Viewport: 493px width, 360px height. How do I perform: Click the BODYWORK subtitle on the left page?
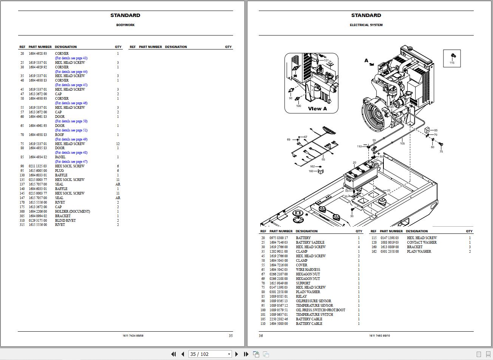(125, 25)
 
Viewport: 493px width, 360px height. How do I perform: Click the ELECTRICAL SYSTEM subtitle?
(366, 25)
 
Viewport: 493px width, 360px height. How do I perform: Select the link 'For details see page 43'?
(71, 58)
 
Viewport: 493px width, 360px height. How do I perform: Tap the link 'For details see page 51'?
(71, 130)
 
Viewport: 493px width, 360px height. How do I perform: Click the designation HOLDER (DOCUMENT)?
(73, 212)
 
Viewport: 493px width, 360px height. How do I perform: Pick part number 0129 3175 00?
(38, 221)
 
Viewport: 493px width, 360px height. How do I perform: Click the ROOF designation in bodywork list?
(59, 135)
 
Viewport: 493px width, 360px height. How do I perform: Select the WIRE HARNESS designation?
(308, 270)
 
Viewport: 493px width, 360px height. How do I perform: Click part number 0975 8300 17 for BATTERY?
(278, 238)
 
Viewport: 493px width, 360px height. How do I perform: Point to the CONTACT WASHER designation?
(422, 243)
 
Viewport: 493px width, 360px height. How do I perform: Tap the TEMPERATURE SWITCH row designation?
(314, 315)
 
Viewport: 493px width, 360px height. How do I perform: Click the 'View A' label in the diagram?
(317, 109)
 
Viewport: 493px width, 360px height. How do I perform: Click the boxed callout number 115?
(452, 63)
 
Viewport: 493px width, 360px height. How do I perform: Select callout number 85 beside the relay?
(436, 130)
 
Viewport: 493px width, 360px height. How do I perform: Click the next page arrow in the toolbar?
(237, 354)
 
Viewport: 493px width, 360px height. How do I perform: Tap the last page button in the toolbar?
(246, 354)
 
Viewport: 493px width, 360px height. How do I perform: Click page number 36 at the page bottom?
(261, 335)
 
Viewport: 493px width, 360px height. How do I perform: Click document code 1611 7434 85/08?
(133, 335)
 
